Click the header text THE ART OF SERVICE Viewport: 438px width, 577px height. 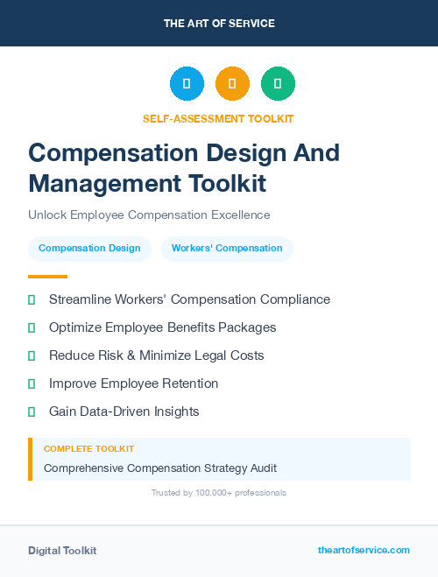pos(219,24)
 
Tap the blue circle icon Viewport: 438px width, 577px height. pos(187,84)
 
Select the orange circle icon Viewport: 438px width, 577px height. pos(232,84)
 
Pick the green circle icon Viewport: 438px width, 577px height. pos(278,84)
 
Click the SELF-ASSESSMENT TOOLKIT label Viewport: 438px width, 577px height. pos(218,118)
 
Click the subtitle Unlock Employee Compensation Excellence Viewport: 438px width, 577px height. pos(149,215)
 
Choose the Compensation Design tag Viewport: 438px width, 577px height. pos(89,249)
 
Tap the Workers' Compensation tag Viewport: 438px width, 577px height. pos(227,249)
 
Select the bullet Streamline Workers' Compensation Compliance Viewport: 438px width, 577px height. pos(189,299)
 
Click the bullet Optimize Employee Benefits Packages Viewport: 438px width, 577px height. pos(162,327)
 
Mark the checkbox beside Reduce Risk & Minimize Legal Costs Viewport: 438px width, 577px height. pos(32,356)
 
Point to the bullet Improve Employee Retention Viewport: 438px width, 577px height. pos(133,383)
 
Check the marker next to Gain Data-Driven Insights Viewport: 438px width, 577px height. pos(32,412)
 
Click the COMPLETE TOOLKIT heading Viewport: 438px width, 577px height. pos(88,449)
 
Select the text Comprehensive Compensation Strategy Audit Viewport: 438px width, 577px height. pos(160,468)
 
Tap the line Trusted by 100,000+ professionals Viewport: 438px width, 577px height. pos(219,493)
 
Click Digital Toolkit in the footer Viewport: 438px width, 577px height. pos(62,551)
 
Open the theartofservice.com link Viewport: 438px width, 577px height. pos(364,551)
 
